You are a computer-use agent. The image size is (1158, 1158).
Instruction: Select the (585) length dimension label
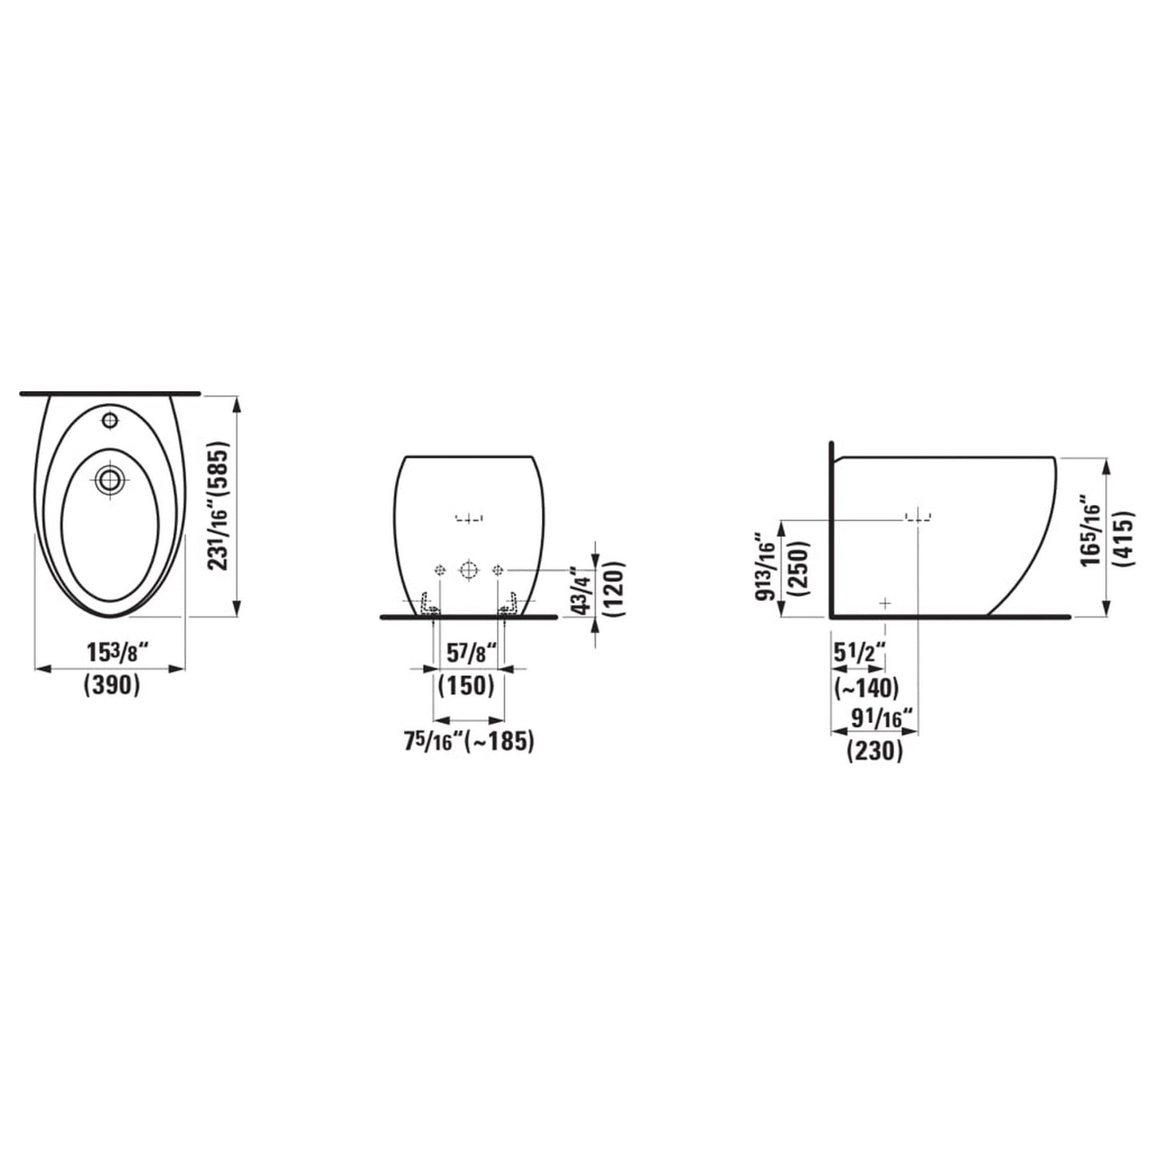[x=220, y=474]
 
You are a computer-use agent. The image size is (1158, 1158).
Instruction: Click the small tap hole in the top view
[x=108, y=419]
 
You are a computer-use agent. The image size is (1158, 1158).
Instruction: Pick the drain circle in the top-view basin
[x=107, y=479]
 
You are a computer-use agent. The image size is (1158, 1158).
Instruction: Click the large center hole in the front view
[x=469, y=570]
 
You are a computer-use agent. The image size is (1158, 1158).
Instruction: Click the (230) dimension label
[x=874, y=751]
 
